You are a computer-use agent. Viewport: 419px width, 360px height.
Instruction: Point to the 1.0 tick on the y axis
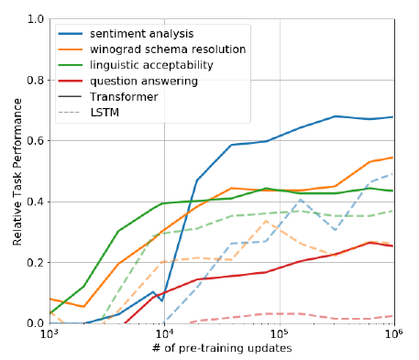click(35, 19)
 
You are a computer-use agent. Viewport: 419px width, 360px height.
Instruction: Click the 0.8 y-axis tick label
click(35, 80)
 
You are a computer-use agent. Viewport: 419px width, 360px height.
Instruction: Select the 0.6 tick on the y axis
click(35, 141)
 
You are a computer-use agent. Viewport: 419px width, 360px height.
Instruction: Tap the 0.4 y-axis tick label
click(35, 202)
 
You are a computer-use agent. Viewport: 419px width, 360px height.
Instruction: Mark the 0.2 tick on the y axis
click(35, 263)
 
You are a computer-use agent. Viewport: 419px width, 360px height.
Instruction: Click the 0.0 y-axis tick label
click(35, 323)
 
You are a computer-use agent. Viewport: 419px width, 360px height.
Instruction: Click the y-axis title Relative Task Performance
click(12, 171)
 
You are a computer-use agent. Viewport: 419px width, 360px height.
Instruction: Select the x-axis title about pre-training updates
click(222, 351)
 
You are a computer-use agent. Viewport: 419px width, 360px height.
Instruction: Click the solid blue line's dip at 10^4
click(162, 300)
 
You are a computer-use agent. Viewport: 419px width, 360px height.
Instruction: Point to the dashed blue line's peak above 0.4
click(301, 199)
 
